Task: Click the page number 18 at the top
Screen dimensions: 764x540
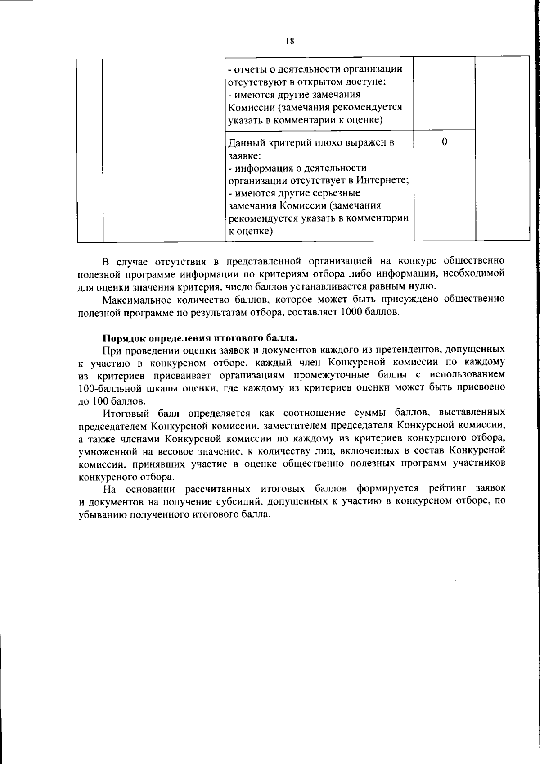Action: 290,41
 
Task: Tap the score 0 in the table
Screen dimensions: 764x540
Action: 444,142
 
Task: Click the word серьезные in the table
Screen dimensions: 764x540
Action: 336,193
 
